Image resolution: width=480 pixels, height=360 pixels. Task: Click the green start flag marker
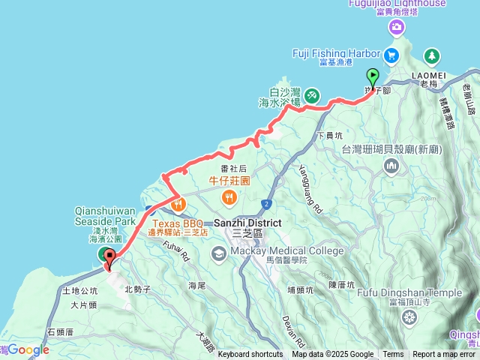tap(372, 76)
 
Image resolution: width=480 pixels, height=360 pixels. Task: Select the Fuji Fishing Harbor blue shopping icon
tap(391, 55)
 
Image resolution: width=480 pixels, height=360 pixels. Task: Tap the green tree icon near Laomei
tap(432, 55)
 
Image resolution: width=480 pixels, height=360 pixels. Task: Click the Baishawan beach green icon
tap(312, 96)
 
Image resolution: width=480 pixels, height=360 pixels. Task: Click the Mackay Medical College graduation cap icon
tap(218, 253)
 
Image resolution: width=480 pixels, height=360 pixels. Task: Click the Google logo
tap(28, 349)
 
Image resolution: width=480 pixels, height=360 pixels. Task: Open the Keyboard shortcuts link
tap(250, 355)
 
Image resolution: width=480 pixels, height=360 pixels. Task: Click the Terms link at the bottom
tap(393, 355)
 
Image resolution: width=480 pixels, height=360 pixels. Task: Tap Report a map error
tap(445, 355)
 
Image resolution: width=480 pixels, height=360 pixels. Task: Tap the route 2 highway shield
tap(266, 203)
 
